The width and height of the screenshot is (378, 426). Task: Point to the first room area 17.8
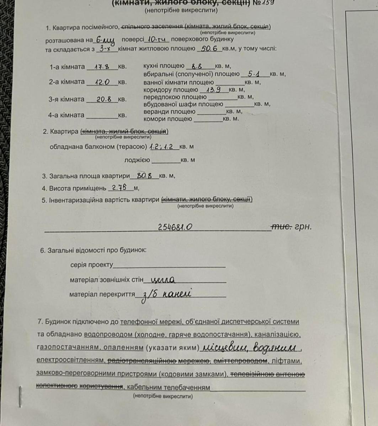coord(101,66)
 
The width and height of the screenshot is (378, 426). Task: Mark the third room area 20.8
coord(105,99)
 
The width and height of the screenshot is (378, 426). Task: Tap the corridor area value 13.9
coord(215,89)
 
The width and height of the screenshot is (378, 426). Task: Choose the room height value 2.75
coord(119,187)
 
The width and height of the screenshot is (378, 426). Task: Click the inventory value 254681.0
coord(176,227)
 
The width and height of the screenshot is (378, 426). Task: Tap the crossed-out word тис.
coord(282,226)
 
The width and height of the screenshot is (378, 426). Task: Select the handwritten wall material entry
coord(163,280)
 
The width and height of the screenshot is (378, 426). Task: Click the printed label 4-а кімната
coord(66,115)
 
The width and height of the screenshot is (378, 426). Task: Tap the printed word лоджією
coord(137,160)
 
